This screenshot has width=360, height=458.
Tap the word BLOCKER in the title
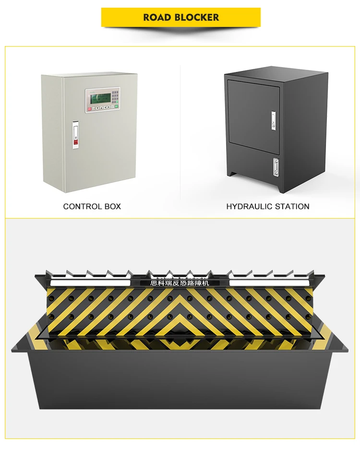pos(196,18)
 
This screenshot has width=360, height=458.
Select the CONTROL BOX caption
pos(92,206)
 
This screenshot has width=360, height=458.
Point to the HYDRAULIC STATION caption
pos(268,206)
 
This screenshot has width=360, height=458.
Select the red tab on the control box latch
pos(74,141)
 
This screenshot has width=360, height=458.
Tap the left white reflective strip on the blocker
pos(90,282)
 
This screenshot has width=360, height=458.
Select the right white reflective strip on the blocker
pos(269,282)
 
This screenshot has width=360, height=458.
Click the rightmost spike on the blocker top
pos(312,273)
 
